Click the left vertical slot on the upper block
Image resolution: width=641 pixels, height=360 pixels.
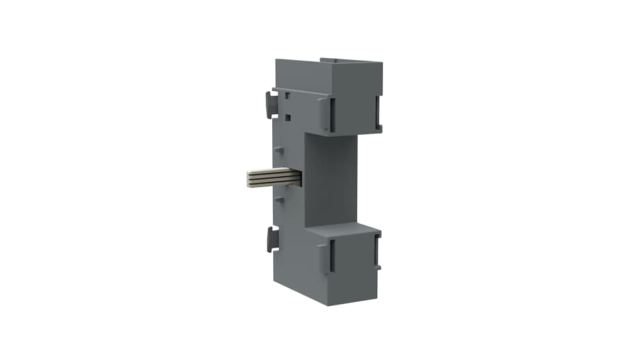332,115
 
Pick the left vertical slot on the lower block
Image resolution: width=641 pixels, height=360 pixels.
332,255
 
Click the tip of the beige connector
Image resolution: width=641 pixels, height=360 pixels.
247,177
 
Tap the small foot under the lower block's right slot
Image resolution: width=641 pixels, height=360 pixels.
378,268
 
